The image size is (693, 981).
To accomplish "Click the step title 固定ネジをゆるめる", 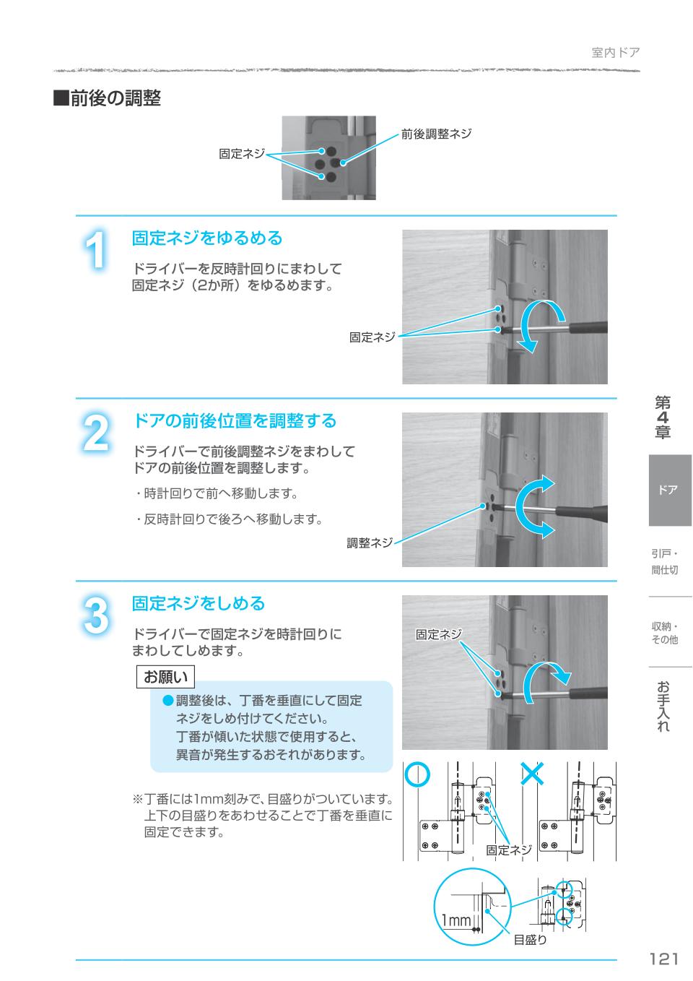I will pyautogui.click(x=207, y=238).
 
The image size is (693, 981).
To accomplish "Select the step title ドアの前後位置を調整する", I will pyautogui.click(x=235, y=420).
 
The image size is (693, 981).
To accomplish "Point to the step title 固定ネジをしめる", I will pyautogui.click(x=199, y=603).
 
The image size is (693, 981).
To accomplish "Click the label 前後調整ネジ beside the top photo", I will pyautogui.click(x=436, y=134).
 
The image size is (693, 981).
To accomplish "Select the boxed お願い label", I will pyautogui.click(x=166, y=677).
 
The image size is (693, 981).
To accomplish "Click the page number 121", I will pyautogui.click(x=663, y=959).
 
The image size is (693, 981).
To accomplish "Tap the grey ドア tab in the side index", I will pyautogui.click(x=669, y=490).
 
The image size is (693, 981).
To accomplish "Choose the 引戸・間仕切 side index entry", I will pyautogui.click(x=665, y=562).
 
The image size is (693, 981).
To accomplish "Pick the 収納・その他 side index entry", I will pyautogui.click(x=665, y=633).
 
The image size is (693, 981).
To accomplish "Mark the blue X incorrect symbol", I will pyautogui.click(x=532, y=774).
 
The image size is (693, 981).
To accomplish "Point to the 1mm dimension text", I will pyautogui.click(x=456, y=920).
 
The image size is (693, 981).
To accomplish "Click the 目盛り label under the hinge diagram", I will pyautogui.click(x=530, y=940).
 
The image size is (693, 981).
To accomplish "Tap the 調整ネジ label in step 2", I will pyautogui.click(x=370, y=543).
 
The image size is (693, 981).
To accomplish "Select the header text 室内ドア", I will pyautogui.click(x=615, y=52).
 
